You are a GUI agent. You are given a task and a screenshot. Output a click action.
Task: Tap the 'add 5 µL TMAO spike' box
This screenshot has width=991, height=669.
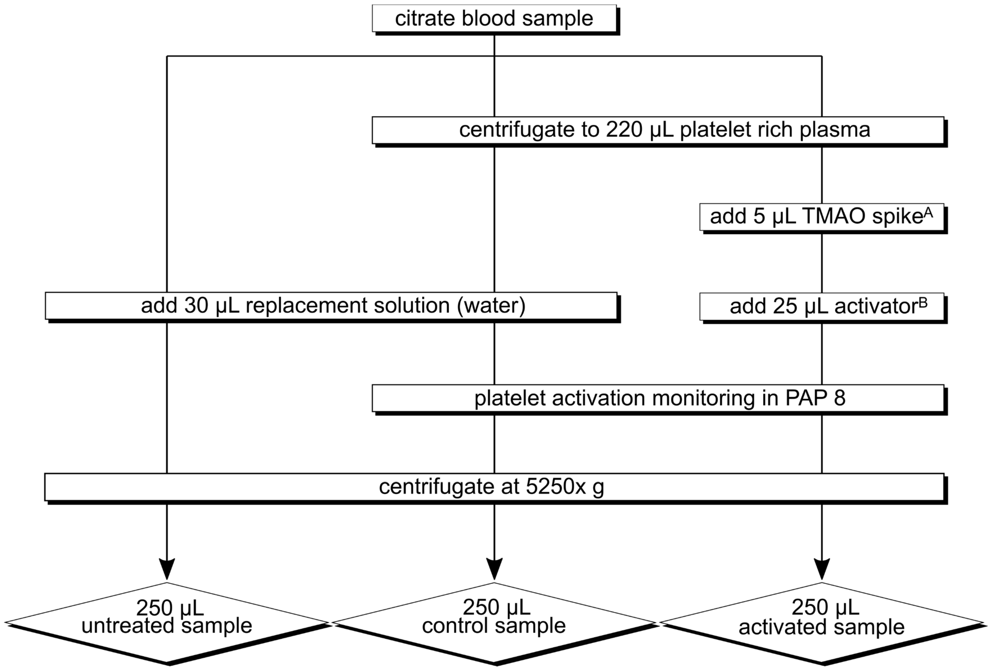(x=821, y=217)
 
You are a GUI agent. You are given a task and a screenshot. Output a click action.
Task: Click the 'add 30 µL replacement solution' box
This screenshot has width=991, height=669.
(x=331, y=306)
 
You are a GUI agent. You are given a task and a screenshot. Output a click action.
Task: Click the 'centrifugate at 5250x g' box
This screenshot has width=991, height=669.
(x=494, y=487)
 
